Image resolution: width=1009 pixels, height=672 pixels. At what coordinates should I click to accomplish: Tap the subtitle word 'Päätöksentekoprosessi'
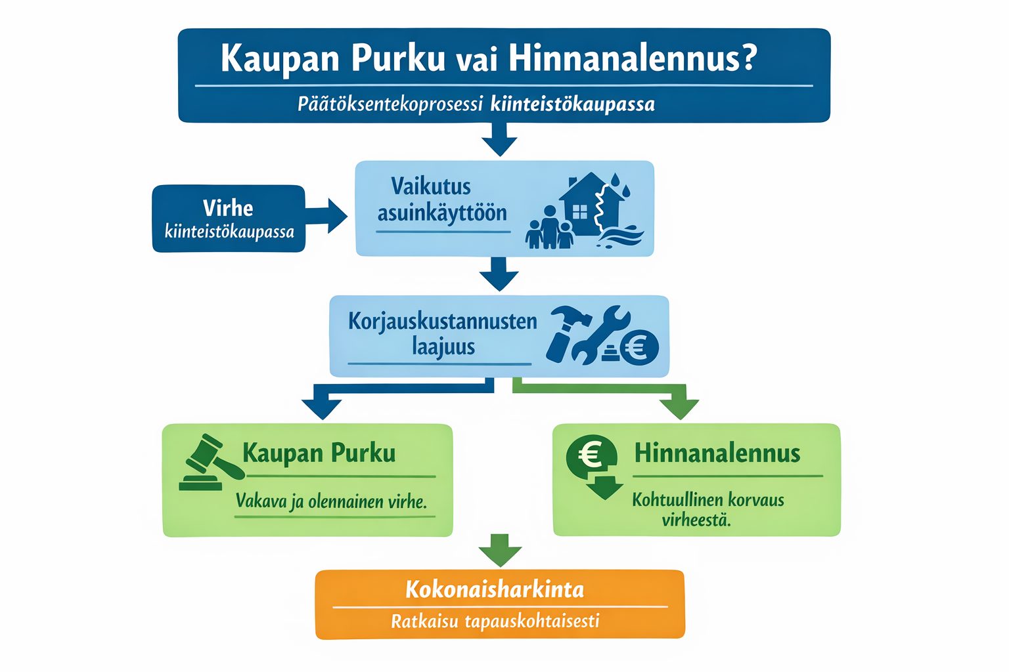pyautogui.click(x=390, y=104)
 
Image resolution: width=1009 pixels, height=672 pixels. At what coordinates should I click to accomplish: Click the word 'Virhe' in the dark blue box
pyautogui.click(x=228, y=208)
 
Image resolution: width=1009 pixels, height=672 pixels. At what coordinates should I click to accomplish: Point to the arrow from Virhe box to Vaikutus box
pyautogui.click(x=326, y=216)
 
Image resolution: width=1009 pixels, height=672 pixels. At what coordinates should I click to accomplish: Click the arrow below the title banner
pyautogui.click(x=499, y=139)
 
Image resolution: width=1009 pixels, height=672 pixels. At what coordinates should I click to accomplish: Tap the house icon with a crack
pyautogui.click(x=591, y=204)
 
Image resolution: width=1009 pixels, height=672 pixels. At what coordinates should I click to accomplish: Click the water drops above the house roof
pyautogui.click(x=620, y=185)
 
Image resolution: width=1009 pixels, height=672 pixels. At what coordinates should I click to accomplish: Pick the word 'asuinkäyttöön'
pyautogui.click(x=442, y=213)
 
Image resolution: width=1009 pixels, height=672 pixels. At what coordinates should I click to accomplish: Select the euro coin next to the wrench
pyautogui.click(x=639, y=348)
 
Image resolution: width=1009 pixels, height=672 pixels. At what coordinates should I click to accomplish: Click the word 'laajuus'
pyautogui.click(x=443, y=347)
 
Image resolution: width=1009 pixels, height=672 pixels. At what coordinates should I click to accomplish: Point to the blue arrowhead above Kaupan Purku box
pyautogui.click(x=322, y=409)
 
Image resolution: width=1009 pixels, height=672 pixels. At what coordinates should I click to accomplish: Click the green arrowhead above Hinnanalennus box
pyautogui.click(x=680, y=409)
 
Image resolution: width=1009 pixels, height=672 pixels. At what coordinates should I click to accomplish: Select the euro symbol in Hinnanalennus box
pyautogui.click(x=591, y=455)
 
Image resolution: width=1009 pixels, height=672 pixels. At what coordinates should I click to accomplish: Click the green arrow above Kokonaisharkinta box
pyautogui.click(x=500, y=550)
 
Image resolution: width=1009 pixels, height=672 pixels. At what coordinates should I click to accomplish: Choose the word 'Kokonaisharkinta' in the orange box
pyautogui.click(x=495, y=589)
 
